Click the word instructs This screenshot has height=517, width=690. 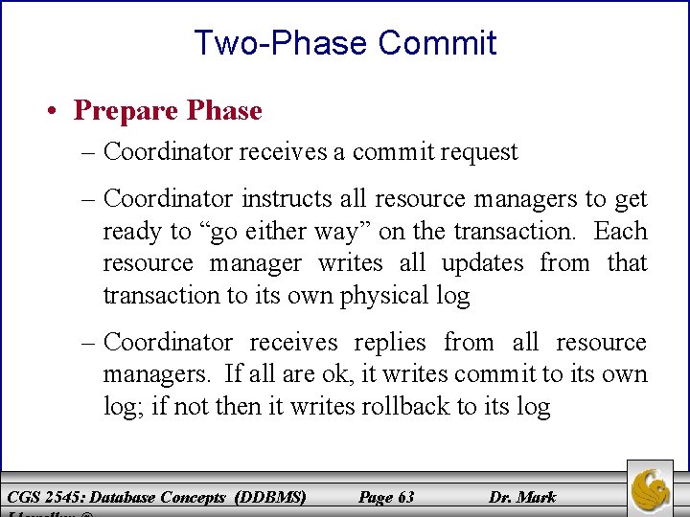coord(287,199)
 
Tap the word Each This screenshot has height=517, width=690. coord(620,232)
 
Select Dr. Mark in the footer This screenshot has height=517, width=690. coord(522,497)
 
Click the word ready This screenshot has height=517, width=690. coord(133,232)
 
